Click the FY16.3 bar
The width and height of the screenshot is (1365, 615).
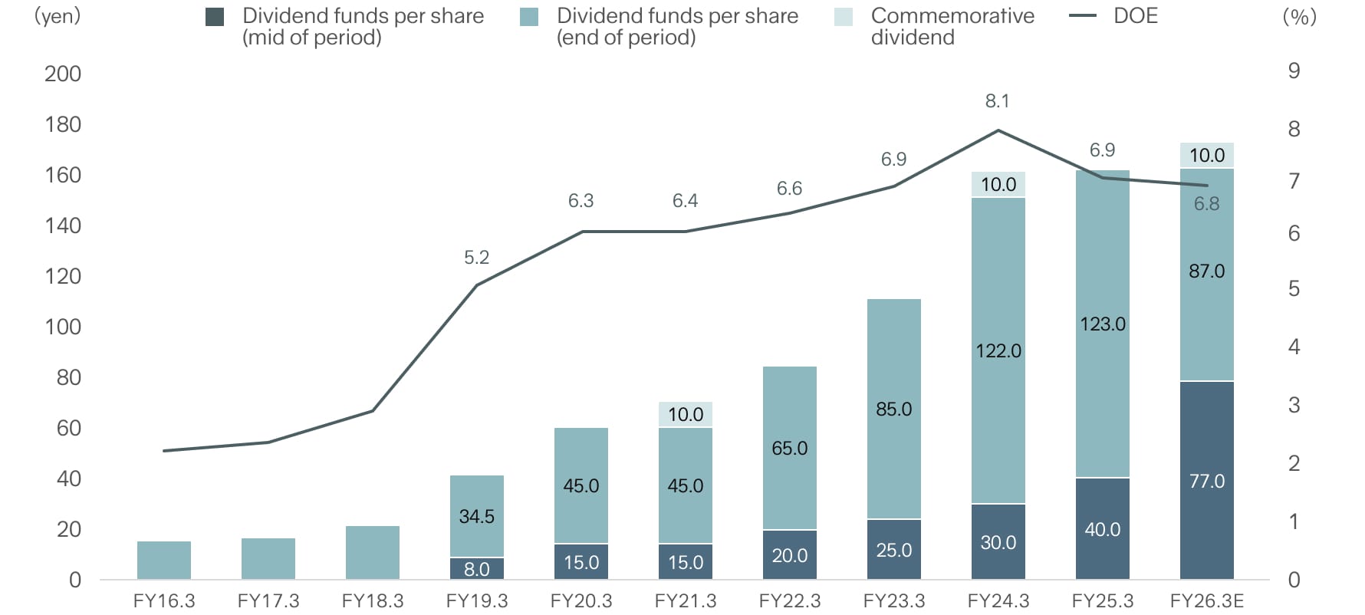(164, 561)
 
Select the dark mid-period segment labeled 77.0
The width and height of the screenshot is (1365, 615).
(1206, 480)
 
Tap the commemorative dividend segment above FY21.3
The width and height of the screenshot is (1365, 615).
(685, 414)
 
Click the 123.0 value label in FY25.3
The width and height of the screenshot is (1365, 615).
(1102, 324)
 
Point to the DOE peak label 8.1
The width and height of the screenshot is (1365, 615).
(997, 100)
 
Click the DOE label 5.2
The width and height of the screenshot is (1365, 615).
(476, 257)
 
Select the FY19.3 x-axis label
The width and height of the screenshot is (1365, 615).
(476, 600)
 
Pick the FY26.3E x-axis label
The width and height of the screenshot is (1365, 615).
(1206, 600)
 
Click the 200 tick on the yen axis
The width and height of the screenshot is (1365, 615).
(63, 74)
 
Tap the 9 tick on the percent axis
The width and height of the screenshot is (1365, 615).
(1294, 71)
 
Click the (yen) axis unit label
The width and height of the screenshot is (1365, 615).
(58, 16)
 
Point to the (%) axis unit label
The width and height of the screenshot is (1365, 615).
(1299, 16)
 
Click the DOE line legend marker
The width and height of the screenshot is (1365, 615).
(1082, 16)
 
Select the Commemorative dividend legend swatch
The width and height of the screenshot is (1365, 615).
(844, 17)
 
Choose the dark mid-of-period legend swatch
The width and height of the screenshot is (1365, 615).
(215, 17)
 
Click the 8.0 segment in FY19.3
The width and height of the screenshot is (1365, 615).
(476, 569)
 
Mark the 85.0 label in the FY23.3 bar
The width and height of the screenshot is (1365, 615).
(893, 409)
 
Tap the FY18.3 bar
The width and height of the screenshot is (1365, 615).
(373, 553)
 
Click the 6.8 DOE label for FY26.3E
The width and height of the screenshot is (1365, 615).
(1206, 203)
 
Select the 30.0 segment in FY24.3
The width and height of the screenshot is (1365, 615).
(998, 542)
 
